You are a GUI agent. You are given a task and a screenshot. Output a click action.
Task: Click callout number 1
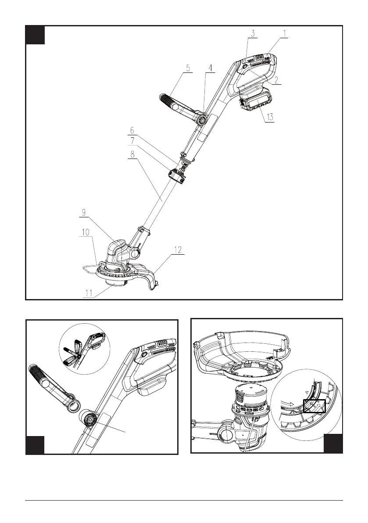coord(285,33)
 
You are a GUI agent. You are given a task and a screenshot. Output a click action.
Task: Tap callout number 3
coord(253,33)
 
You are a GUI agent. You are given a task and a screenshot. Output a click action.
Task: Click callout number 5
coord(188,68)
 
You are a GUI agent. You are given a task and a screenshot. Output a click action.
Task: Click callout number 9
coord(84,213)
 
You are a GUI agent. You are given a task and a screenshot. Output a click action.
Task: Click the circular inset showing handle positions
coord(85,348)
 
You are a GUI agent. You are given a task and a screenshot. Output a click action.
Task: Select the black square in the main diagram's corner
coord(35,35)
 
